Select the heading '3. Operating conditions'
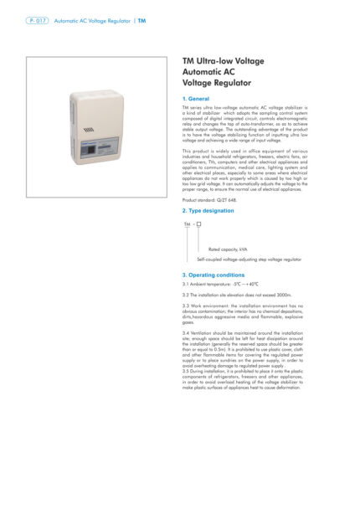click(213, 275)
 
